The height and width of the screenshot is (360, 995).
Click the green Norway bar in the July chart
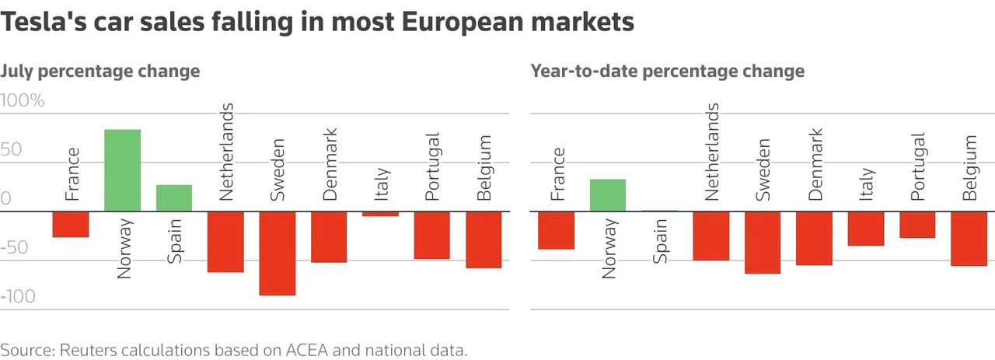pos(122,170)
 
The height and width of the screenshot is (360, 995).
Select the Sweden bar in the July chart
pos(278,253)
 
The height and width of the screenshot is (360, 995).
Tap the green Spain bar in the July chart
pos(174,198)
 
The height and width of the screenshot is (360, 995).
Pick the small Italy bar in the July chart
pos(381,214)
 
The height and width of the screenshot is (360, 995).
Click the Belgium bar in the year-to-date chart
pos(969,239)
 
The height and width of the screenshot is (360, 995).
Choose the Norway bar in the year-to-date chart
pos(607,195)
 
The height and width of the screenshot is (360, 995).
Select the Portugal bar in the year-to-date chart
pos(917,225)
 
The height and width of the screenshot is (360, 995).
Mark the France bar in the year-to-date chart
pos(556,230)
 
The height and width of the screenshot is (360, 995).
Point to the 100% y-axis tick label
pos(23,101)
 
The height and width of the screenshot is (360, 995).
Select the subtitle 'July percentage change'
pos(100,72)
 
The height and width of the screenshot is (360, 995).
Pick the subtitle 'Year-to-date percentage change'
pos(667,72)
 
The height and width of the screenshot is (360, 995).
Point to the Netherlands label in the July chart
pos(226,152)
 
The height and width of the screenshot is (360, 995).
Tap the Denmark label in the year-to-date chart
pos(815,164)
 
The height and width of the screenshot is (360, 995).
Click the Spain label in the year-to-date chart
pos(660,242)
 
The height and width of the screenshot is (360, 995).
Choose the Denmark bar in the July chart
pos(329,236)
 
